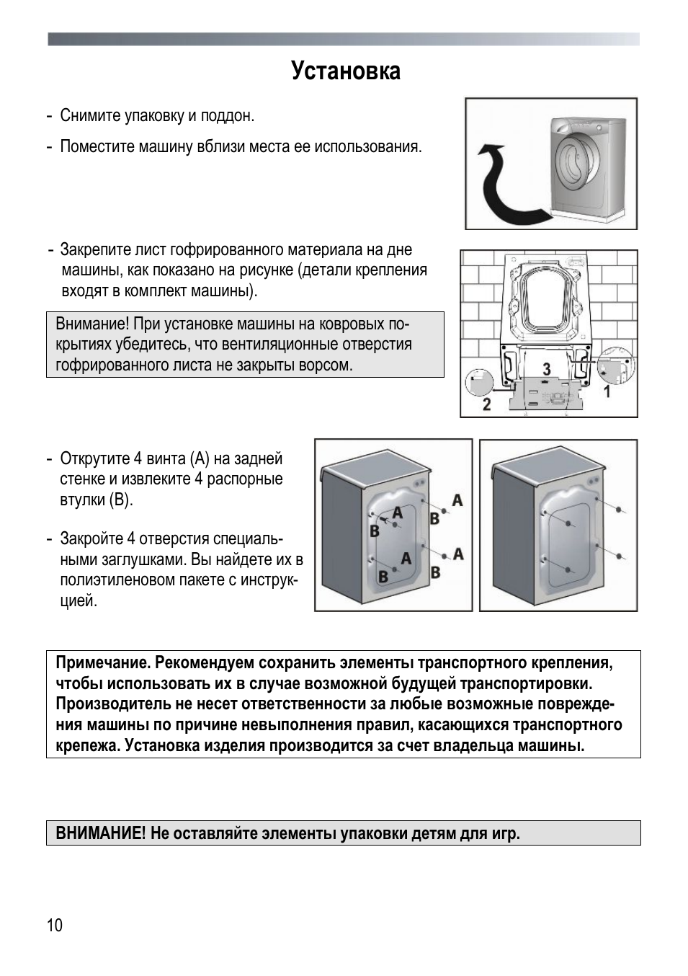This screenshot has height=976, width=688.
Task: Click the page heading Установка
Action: (346, 71)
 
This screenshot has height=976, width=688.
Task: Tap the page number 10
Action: (55, 926)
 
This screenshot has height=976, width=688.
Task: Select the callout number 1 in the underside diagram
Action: (607, 391)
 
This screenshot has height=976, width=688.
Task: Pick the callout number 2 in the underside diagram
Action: (486, 404)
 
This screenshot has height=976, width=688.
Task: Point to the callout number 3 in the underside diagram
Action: (546, 369)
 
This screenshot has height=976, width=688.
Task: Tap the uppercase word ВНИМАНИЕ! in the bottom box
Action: (101, 834)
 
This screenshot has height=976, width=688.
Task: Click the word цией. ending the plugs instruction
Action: (79, 601)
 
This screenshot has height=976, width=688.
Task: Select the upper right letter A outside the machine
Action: (457, 500)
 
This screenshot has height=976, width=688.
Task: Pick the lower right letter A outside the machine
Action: (457, 554)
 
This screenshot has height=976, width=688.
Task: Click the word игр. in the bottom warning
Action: (506, 834)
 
